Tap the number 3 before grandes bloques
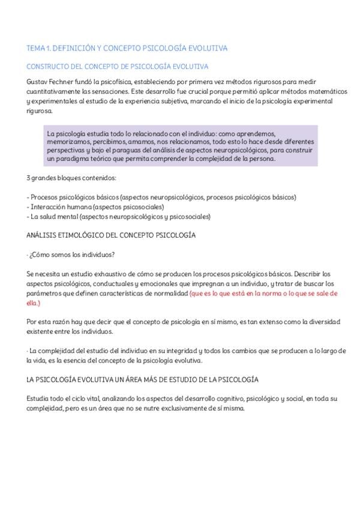29,178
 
